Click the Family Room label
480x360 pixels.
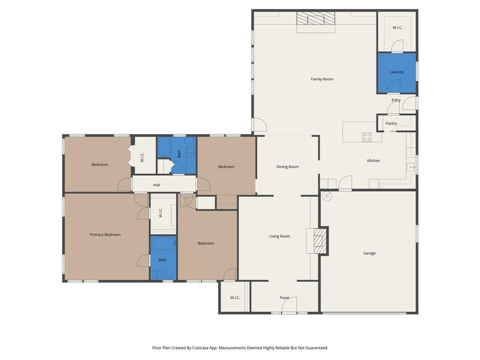click(x=322, y=79)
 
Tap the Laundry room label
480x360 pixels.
click(x=397, y=72)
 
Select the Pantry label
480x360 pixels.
click(x=391, y=124)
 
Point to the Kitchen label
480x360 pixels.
click(x=373, y=161)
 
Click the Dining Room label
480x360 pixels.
click(x=287, y=167)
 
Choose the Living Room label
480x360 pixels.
click(x=279, y=236)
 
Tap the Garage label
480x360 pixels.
click(x=369, y=253)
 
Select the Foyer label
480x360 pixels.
click(x=285, y=298)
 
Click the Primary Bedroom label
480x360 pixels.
click(x=105, y=235)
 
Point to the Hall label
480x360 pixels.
click(x=157, y=185)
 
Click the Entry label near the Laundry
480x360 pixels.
click(x=396, y=100)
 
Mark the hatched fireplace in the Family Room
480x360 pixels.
click(x=316, y=19)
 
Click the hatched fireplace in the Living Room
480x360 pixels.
click(x=320, y=241)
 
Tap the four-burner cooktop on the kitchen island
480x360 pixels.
click(x=367, y=137)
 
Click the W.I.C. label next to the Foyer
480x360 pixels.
click(x=235, y=298)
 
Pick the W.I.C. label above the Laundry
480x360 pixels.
click(x=397, y=28)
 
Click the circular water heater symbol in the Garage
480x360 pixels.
click(x=327, y=196)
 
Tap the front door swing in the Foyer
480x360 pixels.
click(x=289, y=307)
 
